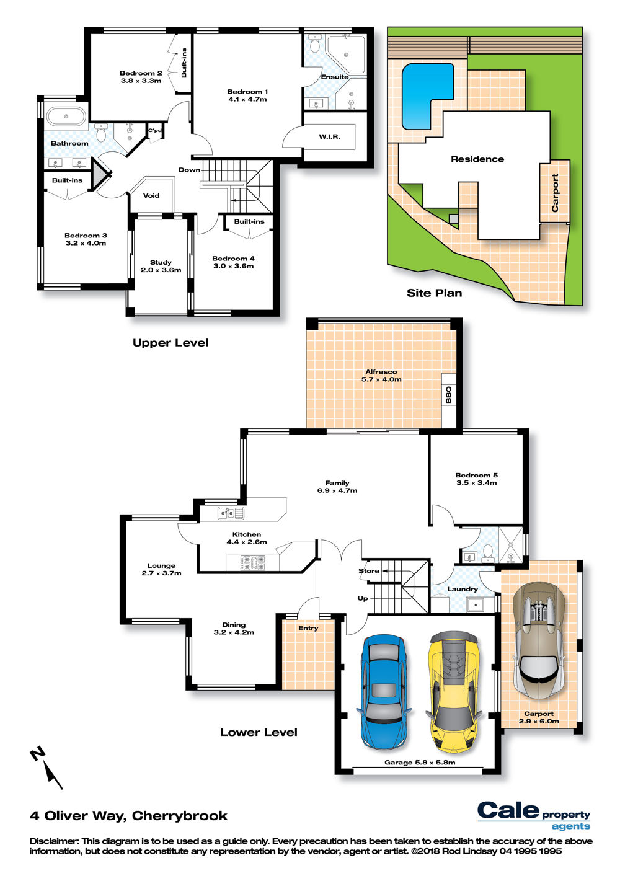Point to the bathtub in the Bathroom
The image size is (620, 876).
(66, 117)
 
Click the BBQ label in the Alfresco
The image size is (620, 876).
(448, 394)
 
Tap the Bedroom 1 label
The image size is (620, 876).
(247, 95)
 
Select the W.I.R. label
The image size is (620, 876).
(329, 136)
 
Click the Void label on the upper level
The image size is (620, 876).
(151, 195)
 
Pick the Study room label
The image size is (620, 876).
(161, 266)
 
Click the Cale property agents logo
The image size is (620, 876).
(534, 815)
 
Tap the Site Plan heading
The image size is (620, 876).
(434, 293)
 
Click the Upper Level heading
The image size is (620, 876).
(170, 343)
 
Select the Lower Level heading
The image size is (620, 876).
(259, 732)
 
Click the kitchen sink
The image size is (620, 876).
(231, 513)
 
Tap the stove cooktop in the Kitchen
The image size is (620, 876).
(252, 563)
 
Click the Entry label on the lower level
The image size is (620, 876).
(308, 629)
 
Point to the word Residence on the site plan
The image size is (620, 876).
(477, 159)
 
